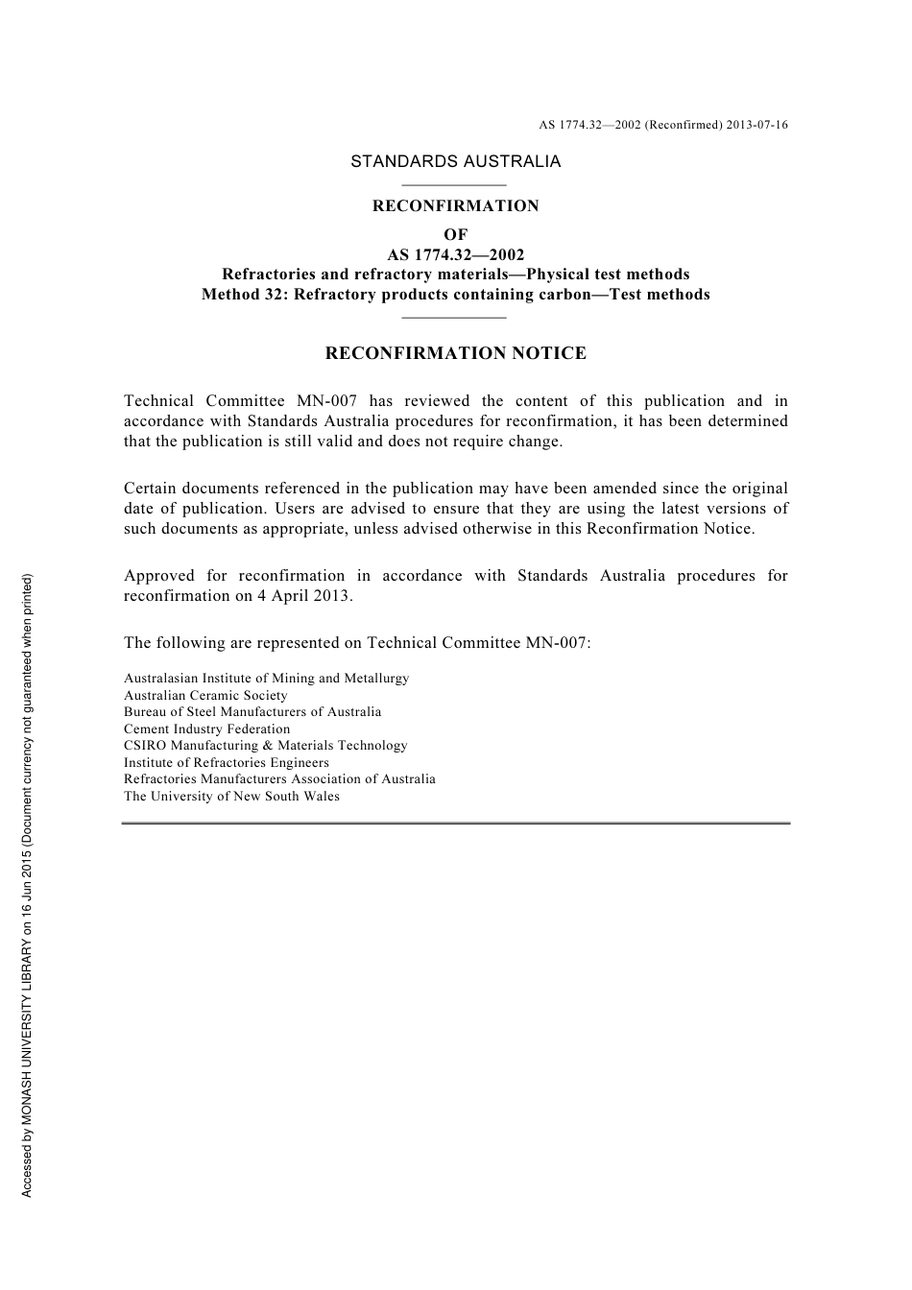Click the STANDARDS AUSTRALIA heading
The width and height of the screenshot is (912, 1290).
[455, 161]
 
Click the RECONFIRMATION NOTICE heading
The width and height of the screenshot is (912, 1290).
[455, 353]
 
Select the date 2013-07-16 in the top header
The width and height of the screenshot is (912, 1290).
[757, 125]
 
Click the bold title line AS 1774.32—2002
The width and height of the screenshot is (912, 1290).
[455, 254]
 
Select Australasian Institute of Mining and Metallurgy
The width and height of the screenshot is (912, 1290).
[266, 679]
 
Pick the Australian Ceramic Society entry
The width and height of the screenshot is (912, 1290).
[205, 696]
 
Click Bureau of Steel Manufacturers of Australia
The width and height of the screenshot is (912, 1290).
[252, 712]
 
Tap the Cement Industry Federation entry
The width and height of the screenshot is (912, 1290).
[206, 729]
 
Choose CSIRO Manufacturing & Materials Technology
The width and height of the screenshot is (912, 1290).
[265, 746]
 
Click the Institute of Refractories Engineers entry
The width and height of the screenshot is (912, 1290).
[227, 763]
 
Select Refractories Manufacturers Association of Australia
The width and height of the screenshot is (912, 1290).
[279, 779]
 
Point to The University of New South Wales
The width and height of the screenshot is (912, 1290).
[231, 797]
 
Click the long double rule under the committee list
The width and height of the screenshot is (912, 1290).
[455, 823]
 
